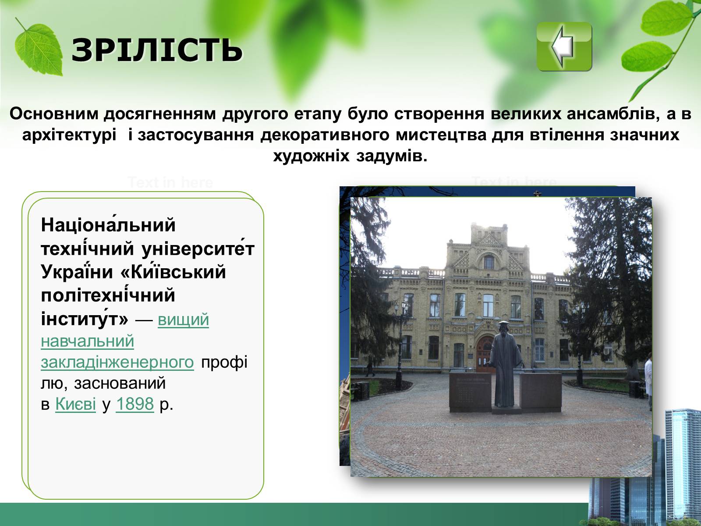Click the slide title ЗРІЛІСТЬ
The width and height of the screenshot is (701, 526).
(x=157, y=50)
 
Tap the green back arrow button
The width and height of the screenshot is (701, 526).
(x=564, y=46)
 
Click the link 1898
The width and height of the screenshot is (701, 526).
(x=135, y=404)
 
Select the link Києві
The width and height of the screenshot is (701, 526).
(x=75, y=404)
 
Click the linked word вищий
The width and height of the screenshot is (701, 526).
(x=183, y=320)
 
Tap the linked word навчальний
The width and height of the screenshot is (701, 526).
(x=88, y=341)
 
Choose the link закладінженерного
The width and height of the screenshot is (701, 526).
(x=117, y=362)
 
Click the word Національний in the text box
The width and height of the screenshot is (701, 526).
(x=108, y=224)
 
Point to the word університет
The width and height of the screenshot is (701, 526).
(x=198, y=249)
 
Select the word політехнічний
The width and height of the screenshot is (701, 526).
(x=108, y=295)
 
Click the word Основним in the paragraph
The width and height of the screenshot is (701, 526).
(x=54, y=114)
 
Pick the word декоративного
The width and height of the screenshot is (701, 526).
(x=325, y=135)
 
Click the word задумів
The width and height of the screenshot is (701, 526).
(x=392, y=156)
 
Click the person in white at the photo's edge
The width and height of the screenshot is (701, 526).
(x=648, y=380)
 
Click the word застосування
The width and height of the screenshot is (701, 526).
(x=196, y=135)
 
